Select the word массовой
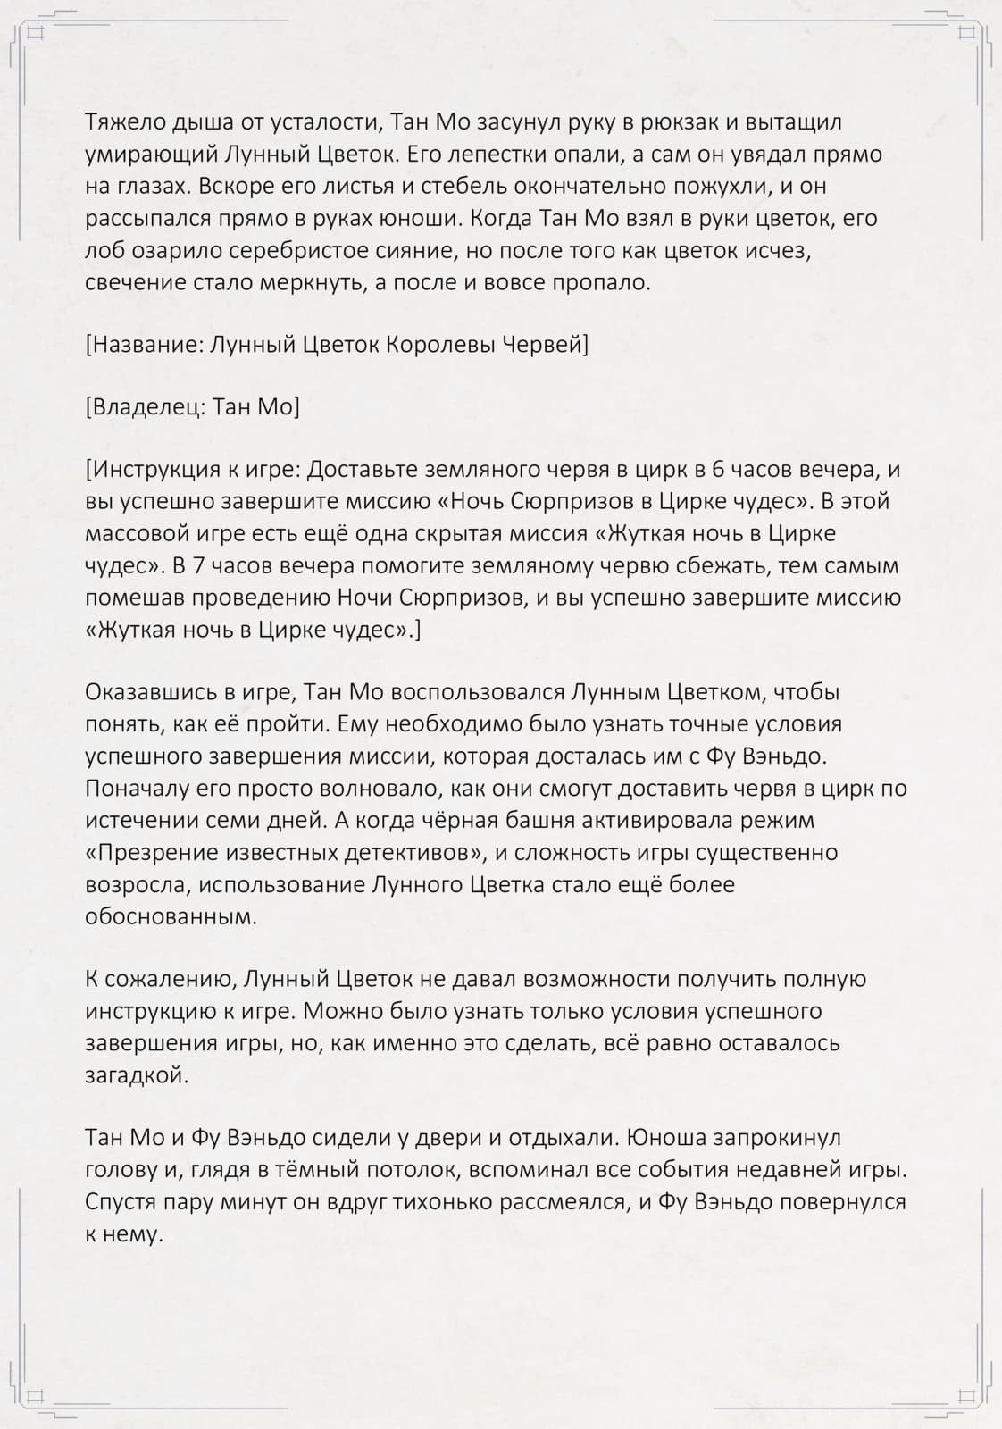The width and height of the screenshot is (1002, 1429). pos(133,533)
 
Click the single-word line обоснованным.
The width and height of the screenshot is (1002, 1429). pos(171,916)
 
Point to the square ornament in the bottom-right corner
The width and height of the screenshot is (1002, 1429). pos(965,1395)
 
